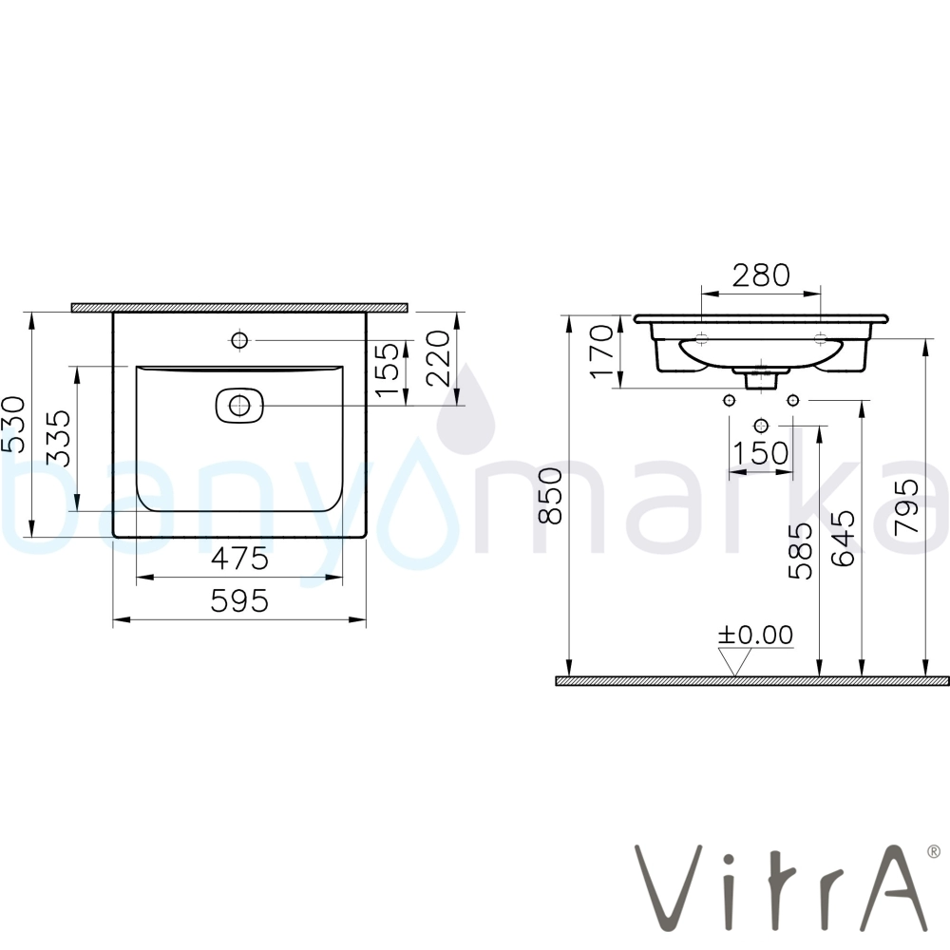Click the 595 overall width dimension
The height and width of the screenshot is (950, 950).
[x=239, y=601]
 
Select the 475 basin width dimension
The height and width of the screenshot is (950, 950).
[x=239, y=559]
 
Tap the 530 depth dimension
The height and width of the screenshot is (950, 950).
[x=13, y=424]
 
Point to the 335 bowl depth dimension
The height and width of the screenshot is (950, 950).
[x=59, y=439]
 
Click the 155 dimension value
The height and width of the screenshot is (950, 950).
[x=388, y=370]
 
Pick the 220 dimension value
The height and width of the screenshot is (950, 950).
[x=439, y=358]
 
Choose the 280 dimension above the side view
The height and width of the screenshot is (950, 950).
[x=761, y=275]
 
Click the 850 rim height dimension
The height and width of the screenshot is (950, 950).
[x=551, y=496]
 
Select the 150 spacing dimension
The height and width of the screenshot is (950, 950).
[x=761, y=452]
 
